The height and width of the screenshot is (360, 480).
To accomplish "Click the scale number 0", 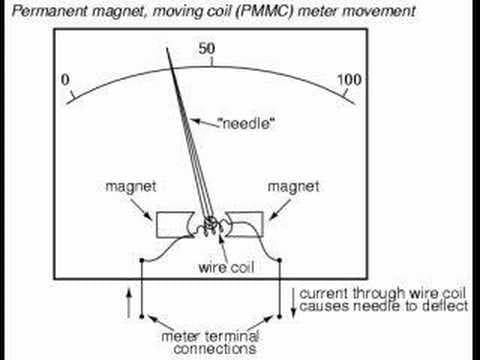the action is point(65,80).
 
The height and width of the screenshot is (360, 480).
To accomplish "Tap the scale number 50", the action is point(209,50).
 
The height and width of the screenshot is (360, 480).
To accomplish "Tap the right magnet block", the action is point(246,221).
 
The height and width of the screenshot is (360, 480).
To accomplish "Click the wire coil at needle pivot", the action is point(210,225).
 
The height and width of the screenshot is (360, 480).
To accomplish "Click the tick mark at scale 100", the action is point(343,97).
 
